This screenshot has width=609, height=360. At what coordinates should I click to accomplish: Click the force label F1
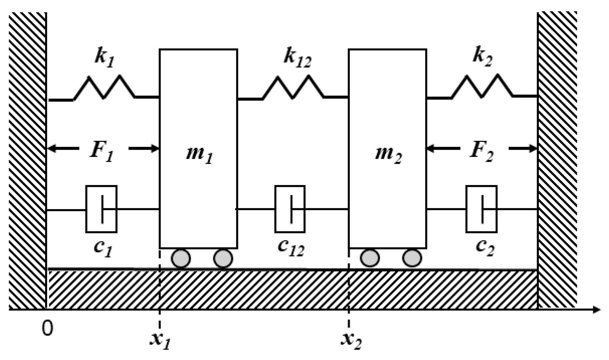[101, 152]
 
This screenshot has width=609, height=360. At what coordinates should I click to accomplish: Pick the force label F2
[482, 152]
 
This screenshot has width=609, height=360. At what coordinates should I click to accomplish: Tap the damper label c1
[103, 248]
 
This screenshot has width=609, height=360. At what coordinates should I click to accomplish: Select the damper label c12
[291, 248]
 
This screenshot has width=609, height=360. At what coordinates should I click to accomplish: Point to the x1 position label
[160, 341]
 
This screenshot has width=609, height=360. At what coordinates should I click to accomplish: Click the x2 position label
[351, 341]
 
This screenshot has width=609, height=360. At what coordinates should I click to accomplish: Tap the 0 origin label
[47, 328]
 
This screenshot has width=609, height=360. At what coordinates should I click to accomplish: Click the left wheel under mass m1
[181, 258]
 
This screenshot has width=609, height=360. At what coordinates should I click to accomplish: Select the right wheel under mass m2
[412, 258]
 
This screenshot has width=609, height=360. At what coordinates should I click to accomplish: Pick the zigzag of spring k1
[104, 87]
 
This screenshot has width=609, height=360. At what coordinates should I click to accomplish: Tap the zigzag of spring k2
[482, 86]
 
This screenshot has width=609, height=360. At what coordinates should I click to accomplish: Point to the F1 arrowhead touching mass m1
[155, 148]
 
